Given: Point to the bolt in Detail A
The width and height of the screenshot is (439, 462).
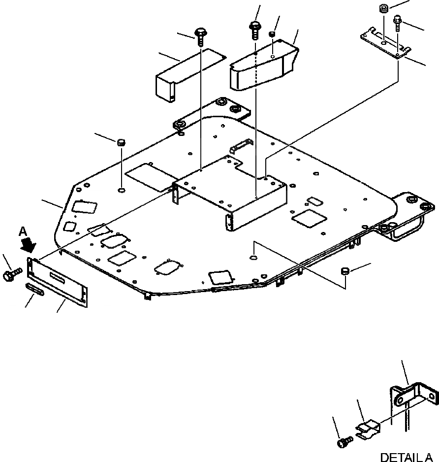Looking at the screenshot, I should coord(343,442).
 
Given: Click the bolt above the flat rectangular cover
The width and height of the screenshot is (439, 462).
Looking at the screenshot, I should coord(201,35).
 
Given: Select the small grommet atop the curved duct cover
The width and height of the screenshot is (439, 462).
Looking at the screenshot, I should coord(271,33).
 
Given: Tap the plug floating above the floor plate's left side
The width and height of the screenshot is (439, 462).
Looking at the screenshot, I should coord(120,143).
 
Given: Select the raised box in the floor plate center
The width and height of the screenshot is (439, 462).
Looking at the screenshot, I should coord(231,192).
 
